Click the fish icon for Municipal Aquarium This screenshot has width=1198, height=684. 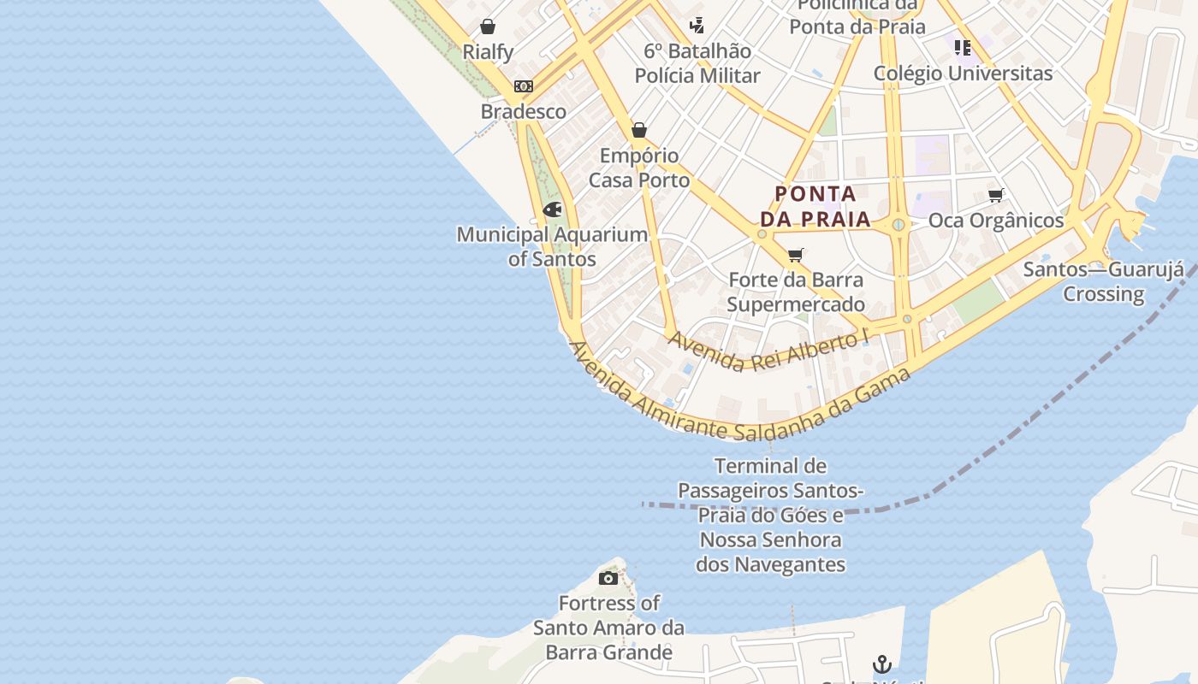(x=553, y=209)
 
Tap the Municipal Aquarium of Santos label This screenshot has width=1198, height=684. (x=552, y=246)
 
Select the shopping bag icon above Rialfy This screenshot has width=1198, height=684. (x=488, y=27)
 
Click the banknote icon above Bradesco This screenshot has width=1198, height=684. (x=524, y=86)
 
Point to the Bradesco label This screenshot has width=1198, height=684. (x=524, y=111)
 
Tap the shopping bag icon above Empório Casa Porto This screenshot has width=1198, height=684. (x=639, y=130)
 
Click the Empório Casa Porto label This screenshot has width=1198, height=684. (x=639, y=168)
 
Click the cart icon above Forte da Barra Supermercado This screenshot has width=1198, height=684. (x=796, y=254)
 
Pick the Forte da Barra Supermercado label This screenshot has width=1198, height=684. (x=796, y=292)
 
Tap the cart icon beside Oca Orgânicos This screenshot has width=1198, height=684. (x=995, y=196)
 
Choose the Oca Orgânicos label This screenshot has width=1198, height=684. (x=996, y=221)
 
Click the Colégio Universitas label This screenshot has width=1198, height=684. (x=963, y=74)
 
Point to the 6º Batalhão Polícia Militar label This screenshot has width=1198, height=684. (x=697, y=63)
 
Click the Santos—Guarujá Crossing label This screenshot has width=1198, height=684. (x=1104, y=281)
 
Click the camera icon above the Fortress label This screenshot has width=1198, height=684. (x=608, y=578)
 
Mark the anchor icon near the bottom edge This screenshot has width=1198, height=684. (x=881, y=663)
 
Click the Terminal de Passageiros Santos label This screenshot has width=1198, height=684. (x=771, y=515)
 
